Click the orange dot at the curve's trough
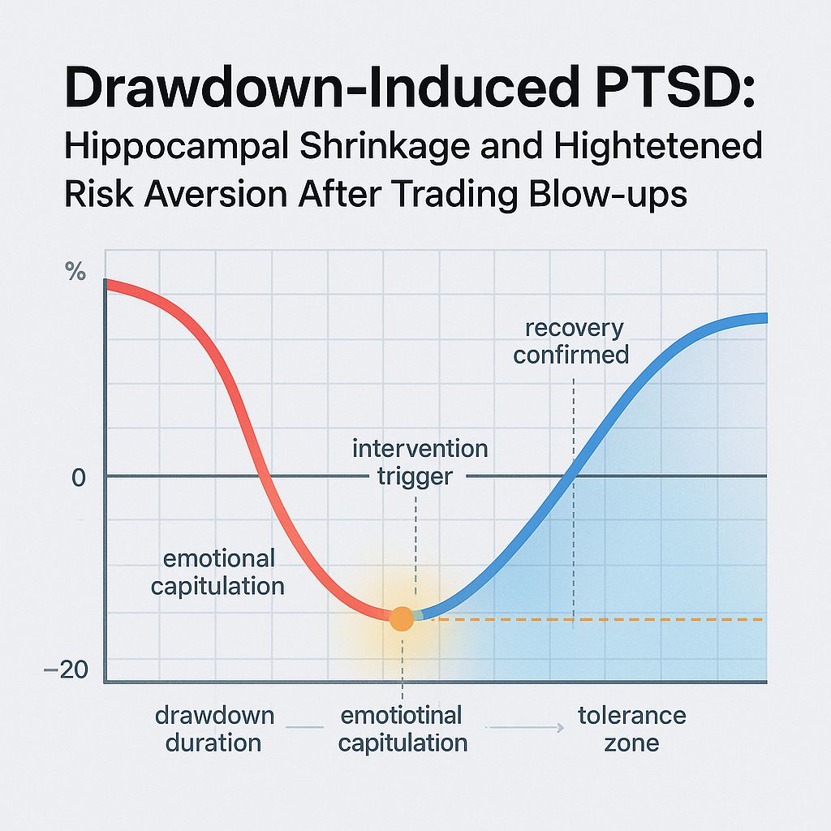click(x=402, y=618)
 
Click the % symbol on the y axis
click(x=75, y=273)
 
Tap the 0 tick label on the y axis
click(x=78, y=477)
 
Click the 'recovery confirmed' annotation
click(x=572, y=342)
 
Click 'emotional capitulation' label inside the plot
click(x=218, y=571)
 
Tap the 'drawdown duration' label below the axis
click(x=214, y=729)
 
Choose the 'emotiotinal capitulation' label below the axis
click(x=403, y=729)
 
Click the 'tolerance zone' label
click(x=631, y=729)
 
